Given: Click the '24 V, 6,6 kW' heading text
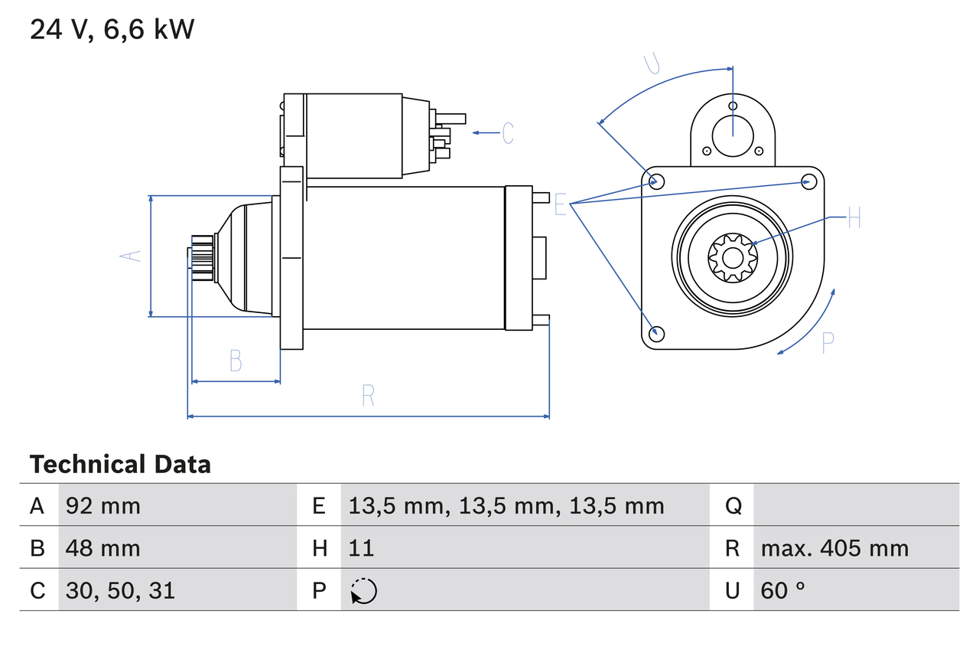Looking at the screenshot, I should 112,30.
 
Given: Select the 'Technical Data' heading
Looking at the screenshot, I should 120,465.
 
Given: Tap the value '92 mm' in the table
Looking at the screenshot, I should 103,505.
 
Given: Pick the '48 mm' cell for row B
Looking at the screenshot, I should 103,548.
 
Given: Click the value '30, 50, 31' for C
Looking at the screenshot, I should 120,590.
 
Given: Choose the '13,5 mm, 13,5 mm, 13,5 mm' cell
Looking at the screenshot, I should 506,505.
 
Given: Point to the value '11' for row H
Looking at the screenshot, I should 361,548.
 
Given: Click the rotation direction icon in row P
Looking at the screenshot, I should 363,591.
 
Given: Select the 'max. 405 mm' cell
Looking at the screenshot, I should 834,548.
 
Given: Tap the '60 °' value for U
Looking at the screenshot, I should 783,590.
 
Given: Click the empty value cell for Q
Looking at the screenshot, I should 855,505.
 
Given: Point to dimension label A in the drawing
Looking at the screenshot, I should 132,256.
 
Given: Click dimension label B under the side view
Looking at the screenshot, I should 236,360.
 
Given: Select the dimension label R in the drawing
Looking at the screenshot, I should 368,395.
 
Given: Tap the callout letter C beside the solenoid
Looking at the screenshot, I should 508,133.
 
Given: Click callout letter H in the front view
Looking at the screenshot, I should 854,218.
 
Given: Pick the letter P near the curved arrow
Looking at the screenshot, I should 827,344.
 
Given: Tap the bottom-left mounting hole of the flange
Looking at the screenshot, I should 655,334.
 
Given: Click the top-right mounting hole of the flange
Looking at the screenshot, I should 808,181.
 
